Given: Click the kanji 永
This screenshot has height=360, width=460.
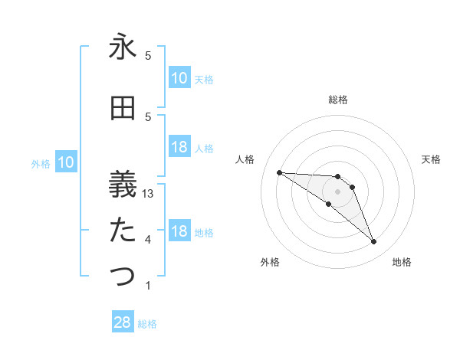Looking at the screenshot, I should click(x=123, y=48).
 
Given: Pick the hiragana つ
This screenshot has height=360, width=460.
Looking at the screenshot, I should click(x=123, y=277).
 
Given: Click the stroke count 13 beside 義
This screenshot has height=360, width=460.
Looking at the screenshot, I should click(x=149, y=194).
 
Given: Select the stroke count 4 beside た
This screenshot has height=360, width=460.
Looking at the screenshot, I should click(x=148, y=240).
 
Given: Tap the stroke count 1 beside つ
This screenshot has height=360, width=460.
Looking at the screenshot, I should click(x=148, y=286).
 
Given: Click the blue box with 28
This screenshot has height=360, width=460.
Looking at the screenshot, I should click(x=123, y=322).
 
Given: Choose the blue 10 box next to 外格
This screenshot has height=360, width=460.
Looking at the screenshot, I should click(x=65, y=162).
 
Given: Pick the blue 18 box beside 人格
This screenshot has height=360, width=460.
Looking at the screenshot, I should click(x=179, y=147).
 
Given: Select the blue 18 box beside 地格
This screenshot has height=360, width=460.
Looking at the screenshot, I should click(x=179, y=232).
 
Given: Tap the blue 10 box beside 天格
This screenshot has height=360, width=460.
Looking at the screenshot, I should click(x=179, y=77).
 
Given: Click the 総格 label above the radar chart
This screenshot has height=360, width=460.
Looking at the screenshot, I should click(x=338, y=100).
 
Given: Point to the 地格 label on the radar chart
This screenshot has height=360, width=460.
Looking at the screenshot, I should click(x=402, y=263).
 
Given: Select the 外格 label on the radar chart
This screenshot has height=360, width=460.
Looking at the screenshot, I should click(x=270, y=263).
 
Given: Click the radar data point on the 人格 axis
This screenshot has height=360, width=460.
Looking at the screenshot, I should click(x=279, y=172).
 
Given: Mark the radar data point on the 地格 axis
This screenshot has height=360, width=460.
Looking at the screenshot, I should click(x=373, y=242).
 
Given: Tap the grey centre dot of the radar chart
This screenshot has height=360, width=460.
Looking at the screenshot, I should click(x=337, y=191).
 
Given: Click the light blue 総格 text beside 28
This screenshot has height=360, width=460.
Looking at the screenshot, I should click(x=147, y=324).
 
